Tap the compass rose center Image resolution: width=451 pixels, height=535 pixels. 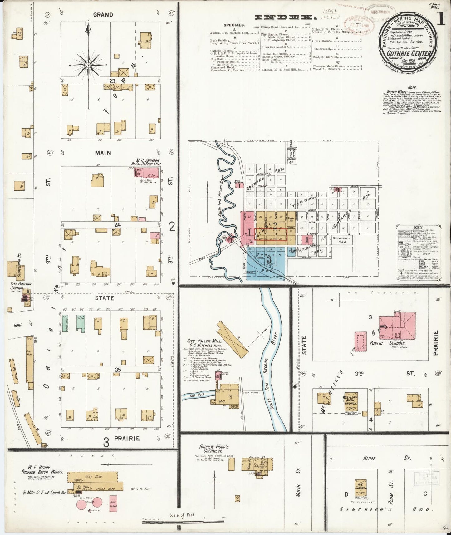point(88,65)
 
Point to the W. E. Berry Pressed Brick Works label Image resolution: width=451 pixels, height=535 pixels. point(42,469)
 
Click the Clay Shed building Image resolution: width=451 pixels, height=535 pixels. point(94,476)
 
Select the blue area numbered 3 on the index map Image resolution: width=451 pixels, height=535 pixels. point(269,259)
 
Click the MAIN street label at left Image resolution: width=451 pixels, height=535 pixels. point(103,153)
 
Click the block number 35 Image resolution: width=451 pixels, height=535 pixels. point(117,370)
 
